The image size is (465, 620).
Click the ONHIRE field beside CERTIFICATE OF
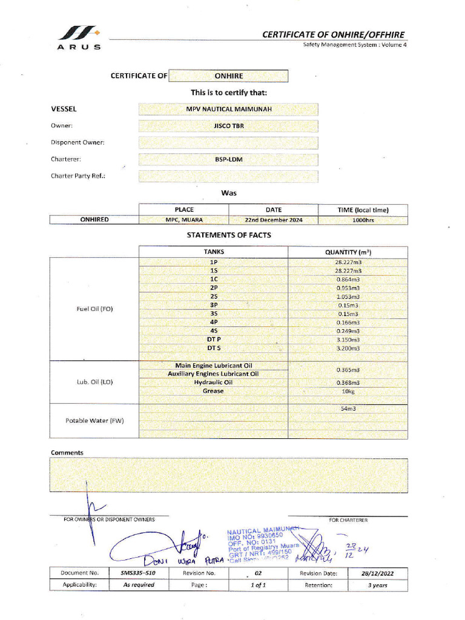pyautogui.click(x=228, y=76)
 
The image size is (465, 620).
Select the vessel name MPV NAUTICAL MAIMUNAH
pyautogui.click(x=228, y=109)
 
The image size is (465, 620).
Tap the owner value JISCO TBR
pyautogui.click(x=228, y=126)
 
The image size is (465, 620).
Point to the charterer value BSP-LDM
pyautogui.click(x=228, y=160)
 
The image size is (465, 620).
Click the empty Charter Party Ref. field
pyautogui.click(x=228, y=176)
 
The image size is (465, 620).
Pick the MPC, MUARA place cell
pyautogui.click(x=184, y=220)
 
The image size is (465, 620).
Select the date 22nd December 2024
pyautogui.click(x=273, y=220)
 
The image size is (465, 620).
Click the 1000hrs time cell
pyautogui.click(x=363, y=220)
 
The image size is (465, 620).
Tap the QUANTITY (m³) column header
pyautogui.click(x=348, y=252)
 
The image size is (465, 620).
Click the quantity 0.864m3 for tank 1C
pyautogui.click(x=348, y=280)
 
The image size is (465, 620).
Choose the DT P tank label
pyautogui.click(x=214, y=340)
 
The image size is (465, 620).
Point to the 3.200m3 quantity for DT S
pyautogui.click(x=348, y=349)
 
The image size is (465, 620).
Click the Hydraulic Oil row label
pyautogui.click(x=213, y=383)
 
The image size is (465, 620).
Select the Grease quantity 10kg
pyautogui.click(x=348, y=391)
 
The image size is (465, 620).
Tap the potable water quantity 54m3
pyautogui.click(x=348, y=409)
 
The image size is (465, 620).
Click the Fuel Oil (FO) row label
pyautogui.click(x=94, y=309)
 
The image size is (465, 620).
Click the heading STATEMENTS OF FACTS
pyautogui.click(x=228, y=235)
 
